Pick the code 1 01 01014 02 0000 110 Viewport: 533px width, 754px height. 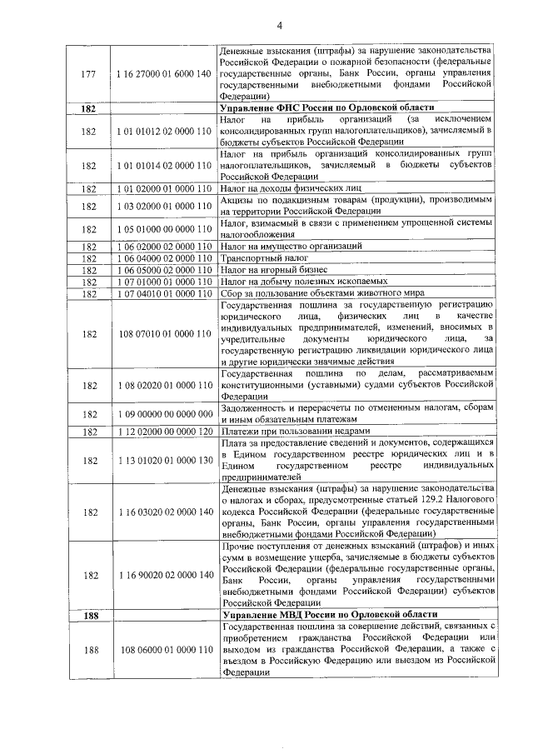163,166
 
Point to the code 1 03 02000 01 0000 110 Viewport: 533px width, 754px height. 163,206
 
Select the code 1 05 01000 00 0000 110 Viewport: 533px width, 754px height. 163,229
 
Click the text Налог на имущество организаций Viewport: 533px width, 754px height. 291,247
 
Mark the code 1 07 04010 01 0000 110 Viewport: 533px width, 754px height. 163,294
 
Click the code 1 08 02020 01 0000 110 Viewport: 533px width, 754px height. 163,386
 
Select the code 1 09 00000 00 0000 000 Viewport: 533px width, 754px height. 163,414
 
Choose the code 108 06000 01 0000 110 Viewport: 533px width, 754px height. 162,650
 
